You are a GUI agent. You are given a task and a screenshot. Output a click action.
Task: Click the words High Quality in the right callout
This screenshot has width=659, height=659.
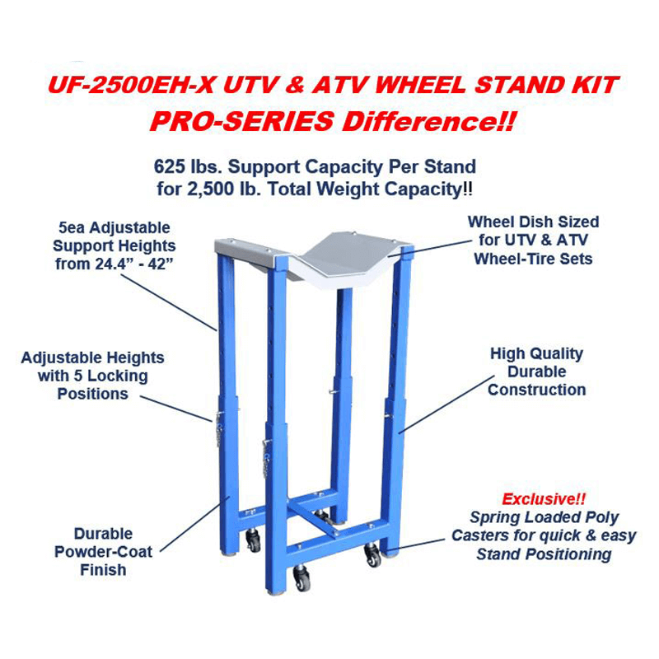point(536,353)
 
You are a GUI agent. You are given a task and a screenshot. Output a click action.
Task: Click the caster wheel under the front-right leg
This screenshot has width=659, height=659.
point(374,558)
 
